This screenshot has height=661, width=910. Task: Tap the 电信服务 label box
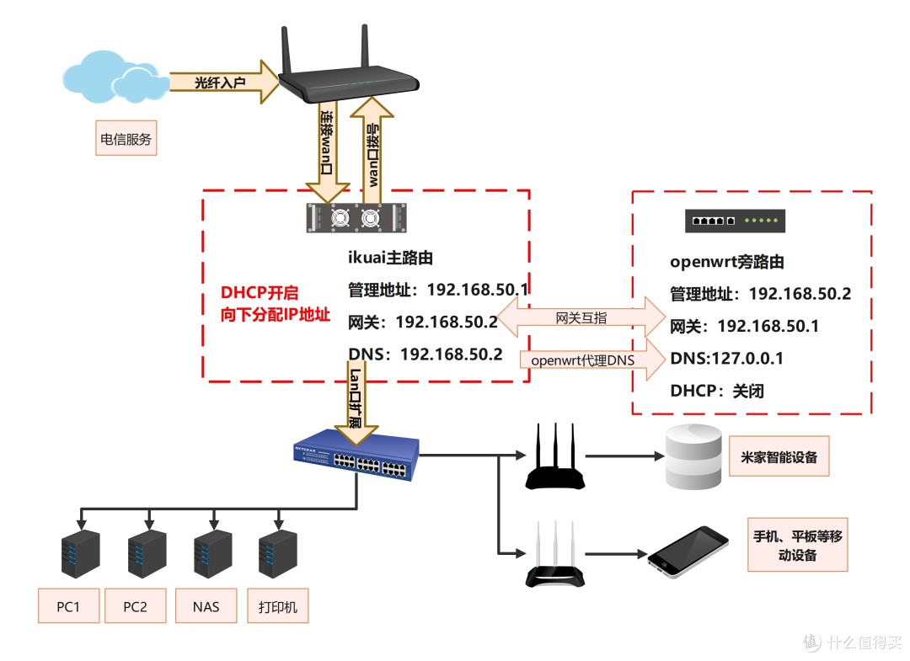click(126, 140)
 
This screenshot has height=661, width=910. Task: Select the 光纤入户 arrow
click(223, 82)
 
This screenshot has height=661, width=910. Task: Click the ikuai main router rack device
click(354, 218)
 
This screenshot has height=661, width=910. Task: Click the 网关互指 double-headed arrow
click(581, 318)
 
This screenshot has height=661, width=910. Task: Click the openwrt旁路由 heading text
click(726, 262)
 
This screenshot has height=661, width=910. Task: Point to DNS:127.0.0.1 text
click(726, 359)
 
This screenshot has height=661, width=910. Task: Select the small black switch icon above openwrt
click(736, 221)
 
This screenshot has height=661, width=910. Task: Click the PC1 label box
click(68, 606)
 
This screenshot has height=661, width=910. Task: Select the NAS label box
click(206, 606)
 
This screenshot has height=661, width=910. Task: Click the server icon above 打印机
click(278, 555)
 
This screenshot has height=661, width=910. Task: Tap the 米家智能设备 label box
click(779, 458)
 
